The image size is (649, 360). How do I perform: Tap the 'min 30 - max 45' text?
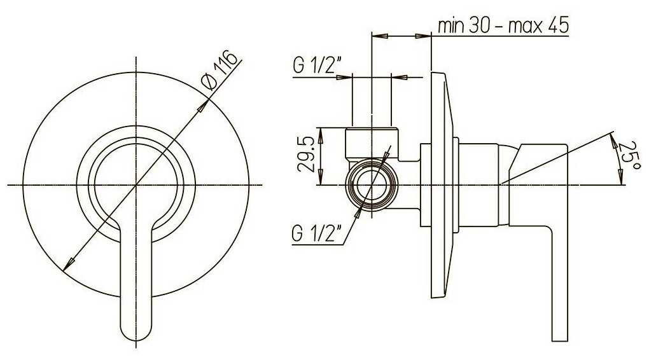[x=503, y=25]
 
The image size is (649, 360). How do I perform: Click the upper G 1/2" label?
[x=317, y=65]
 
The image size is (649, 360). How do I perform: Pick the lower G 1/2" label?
[x=317, y=234]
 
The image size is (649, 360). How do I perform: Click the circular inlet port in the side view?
[x=372, y=184]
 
